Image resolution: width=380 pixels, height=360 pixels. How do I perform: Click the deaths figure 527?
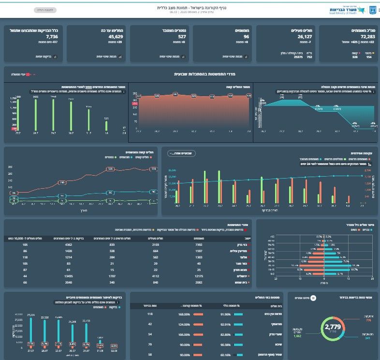point(182,36)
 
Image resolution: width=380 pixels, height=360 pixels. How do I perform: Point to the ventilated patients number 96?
point(246,36)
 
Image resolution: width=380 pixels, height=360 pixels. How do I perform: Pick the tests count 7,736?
point(52,36)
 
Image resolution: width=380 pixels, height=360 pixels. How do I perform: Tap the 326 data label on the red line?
point(110,169)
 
